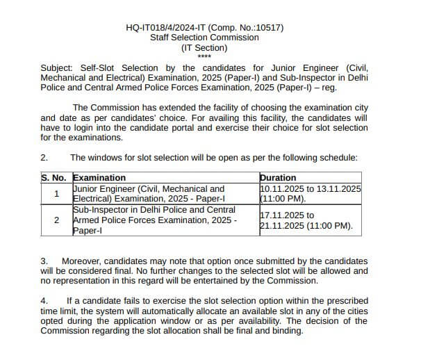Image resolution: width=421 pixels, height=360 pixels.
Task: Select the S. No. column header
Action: tap(56, 178)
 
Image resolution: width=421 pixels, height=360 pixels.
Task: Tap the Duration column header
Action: tap(277, 178)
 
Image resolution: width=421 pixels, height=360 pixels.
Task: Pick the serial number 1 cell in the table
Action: tap(56, 193)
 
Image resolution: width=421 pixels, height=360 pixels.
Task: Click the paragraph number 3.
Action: tap(44, 261)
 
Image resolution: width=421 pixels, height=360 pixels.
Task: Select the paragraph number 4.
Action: tap(44, 301)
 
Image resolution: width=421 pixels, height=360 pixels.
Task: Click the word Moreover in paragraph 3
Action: tap(82, 261)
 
